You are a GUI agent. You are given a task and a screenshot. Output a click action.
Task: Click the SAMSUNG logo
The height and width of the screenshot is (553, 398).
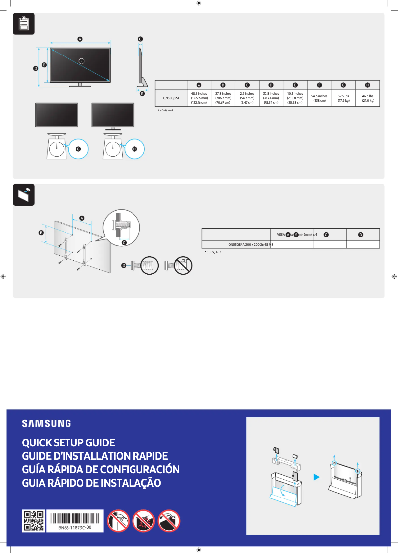pyautogui.click(x=46, y=423)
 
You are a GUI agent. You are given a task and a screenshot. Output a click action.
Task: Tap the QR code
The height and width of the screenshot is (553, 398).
pyautogui.click(x=34, y=521)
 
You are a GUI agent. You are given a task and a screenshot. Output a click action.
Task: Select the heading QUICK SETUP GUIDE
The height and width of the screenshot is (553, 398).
pyautogui.click(x=68, y=442)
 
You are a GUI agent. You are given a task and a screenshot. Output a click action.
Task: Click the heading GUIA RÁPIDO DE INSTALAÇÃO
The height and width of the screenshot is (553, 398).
pyautogui.click(x=91, y=483)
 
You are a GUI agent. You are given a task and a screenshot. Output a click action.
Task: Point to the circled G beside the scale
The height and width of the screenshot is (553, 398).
pyautogui.click(x=78, y=148)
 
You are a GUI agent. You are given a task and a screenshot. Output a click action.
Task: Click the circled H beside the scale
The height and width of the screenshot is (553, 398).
pyautogui.click(x=134, y=148)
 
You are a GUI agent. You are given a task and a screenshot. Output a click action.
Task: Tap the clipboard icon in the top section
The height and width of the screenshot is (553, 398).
pyautogui.click(x=23, y=24)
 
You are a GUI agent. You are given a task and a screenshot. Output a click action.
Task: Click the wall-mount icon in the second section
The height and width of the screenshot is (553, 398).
pyautogui.click(x=23, y=195)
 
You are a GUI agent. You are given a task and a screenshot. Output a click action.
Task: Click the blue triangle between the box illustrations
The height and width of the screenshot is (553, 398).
pyautogui.click(x=316, y=477)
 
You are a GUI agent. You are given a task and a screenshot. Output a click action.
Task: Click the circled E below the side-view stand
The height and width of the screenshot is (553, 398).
pyautogui.click(x=142, y=93)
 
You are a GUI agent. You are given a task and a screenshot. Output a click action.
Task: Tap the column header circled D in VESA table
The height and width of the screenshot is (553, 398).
pyautogui.click(x=361, y=234)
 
